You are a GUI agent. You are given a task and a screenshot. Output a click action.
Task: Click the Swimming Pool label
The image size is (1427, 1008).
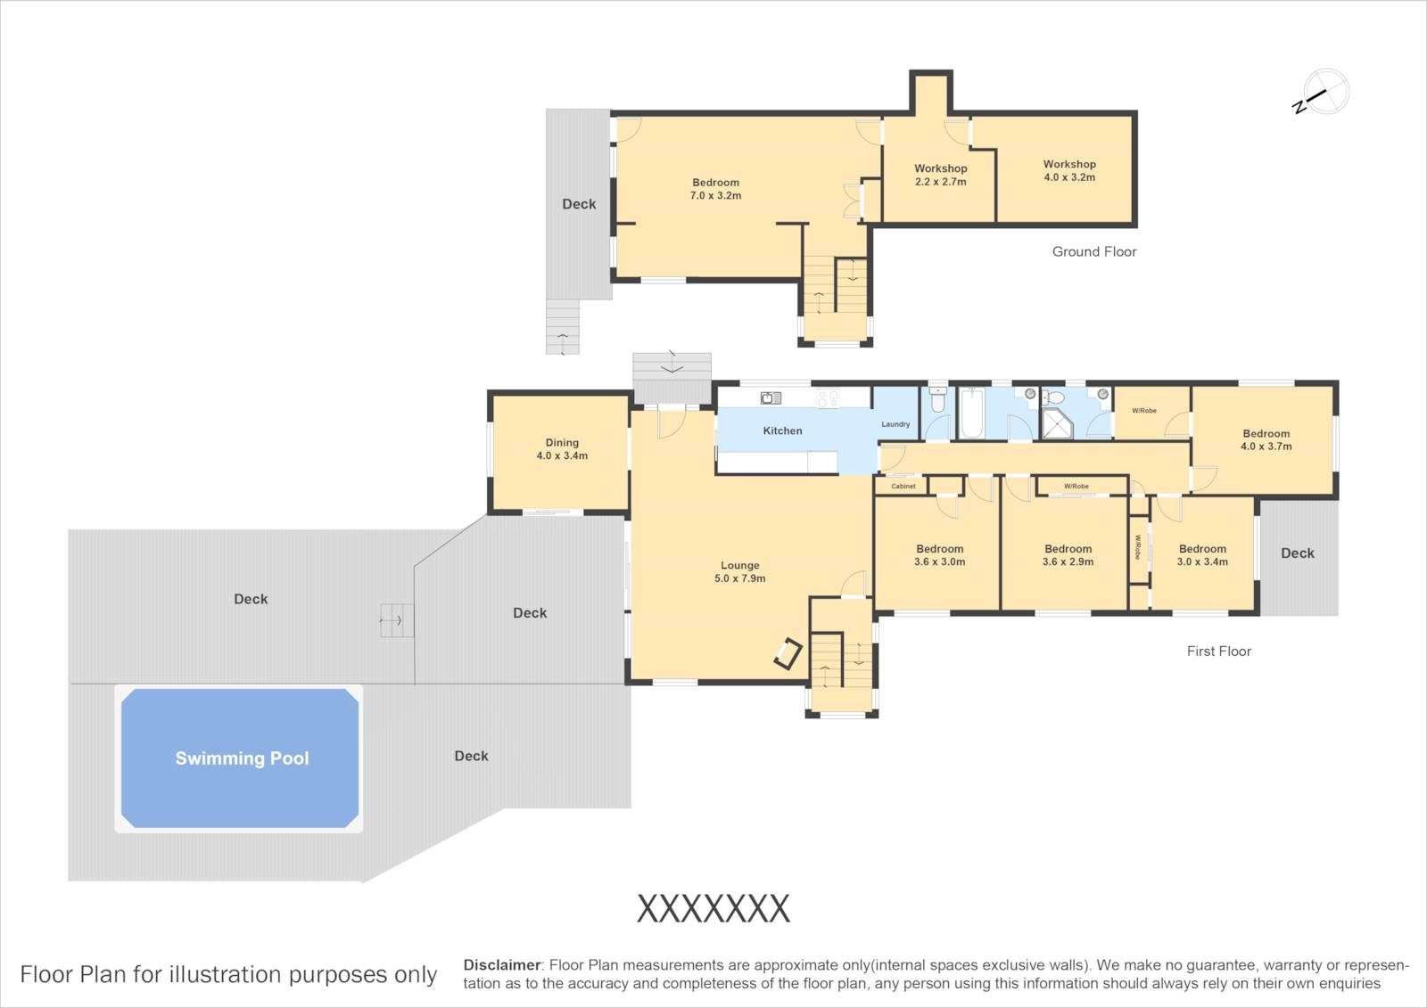click(x=242, y=758)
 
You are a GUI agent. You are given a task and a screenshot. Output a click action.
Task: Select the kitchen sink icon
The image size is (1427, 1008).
click(x=771, y=398)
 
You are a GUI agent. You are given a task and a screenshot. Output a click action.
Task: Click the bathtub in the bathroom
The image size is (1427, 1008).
click(x=972, y=414)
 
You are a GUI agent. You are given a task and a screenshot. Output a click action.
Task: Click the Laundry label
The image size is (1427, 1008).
click(x=895, y=424)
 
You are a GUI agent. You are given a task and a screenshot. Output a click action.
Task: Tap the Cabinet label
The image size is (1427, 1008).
click(x=903, y=486)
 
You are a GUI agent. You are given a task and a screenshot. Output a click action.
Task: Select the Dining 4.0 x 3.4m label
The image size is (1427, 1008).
click(x=562, y=449)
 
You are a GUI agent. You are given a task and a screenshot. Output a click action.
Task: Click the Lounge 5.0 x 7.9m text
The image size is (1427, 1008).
click(x=739, y=572)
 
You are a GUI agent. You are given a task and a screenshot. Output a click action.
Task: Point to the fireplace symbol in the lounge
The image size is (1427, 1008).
click(x=788, y=653)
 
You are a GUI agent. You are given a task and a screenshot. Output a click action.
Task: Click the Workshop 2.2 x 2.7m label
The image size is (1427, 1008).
click(x=941, y=175)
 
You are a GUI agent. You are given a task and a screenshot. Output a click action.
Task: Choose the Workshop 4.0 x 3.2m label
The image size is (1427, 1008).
click(x=1069, y=170)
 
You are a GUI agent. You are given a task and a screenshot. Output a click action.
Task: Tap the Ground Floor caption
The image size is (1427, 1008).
click(x=1094, y=251)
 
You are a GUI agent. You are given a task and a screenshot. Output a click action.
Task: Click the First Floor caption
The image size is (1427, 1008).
click(x=1218, y=651)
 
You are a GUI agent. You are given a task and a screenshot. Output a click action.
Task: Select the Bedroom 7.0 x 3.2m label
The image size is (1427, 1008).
click(x=715, y=189)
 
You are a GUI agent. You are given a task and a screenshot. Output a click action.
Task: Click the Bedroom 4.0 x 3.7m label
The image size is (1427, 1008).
click(x=1266, y=440)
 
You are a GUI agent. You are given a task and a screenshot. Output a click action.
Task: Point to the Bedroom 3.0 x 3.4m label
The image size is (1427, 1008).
click(x=1202, y=555)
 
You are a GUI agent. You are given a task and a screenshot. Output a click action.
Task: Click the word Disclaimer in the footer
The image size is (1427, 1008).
click(x=502, y=965)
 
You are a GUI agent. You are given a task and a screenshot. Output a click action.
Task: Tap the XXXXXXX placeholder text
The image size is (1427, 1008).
click(x=713, y=909)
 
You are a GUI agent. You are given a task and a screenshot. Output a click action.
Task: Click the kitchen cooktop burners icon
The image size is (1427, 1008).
click(x=828, y=398)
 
